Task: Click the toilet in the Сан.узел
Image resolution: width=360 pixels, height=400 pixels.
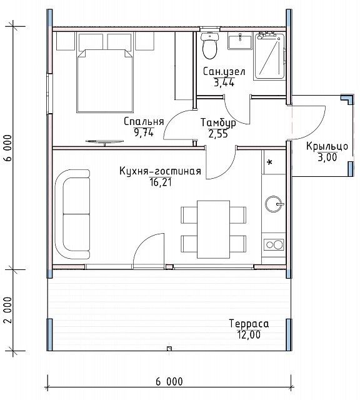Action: point(210,46)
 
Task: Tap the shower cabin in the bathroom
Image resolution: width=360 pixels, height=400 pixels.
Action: point(269,56)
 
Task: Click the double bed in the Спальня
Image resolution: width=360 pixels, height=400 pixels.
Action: point(105,81)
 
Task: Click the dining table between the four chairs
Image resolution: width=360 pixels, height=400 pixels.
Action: point(213,229)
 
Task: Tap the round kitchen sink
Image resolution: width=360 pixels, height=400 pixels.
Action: point(274,204)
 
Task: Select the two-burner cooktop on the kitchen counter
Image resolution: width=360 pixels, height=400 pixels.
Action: point(274,245)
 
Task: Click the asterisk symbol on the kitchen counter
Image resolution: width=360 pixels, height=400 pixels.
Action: point(270,162)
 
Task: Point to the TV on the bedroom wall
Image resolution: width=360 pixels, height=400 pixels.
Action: point(104,142)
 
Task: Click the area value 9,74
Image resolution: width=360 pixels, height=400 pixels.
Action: point(144,132)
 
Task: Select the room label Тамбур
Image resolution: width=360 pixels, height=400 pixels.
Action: point(218,122)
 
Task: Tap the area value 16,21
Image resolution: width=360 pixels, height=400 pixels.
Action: point(161,182)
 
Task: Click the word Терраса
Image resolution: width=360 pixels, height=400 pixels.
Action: point(249,324)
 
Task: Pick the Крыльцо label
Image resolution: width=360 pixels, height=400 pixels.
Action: point(327,147)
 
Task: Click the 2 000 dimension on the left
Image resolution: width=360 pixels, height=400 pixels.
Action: point(8,310)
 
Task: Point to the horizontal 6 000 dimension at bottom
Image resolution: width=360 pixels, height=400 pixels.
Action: point(169,382)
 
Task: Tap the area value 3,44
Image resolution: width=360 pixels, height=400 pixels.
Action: point(224,83)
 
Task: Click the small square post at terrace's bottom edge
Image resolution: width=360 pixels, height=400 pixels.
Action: point(169,349)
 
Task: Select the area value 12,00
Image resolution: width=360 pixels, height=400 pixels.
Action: point(249,335)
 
